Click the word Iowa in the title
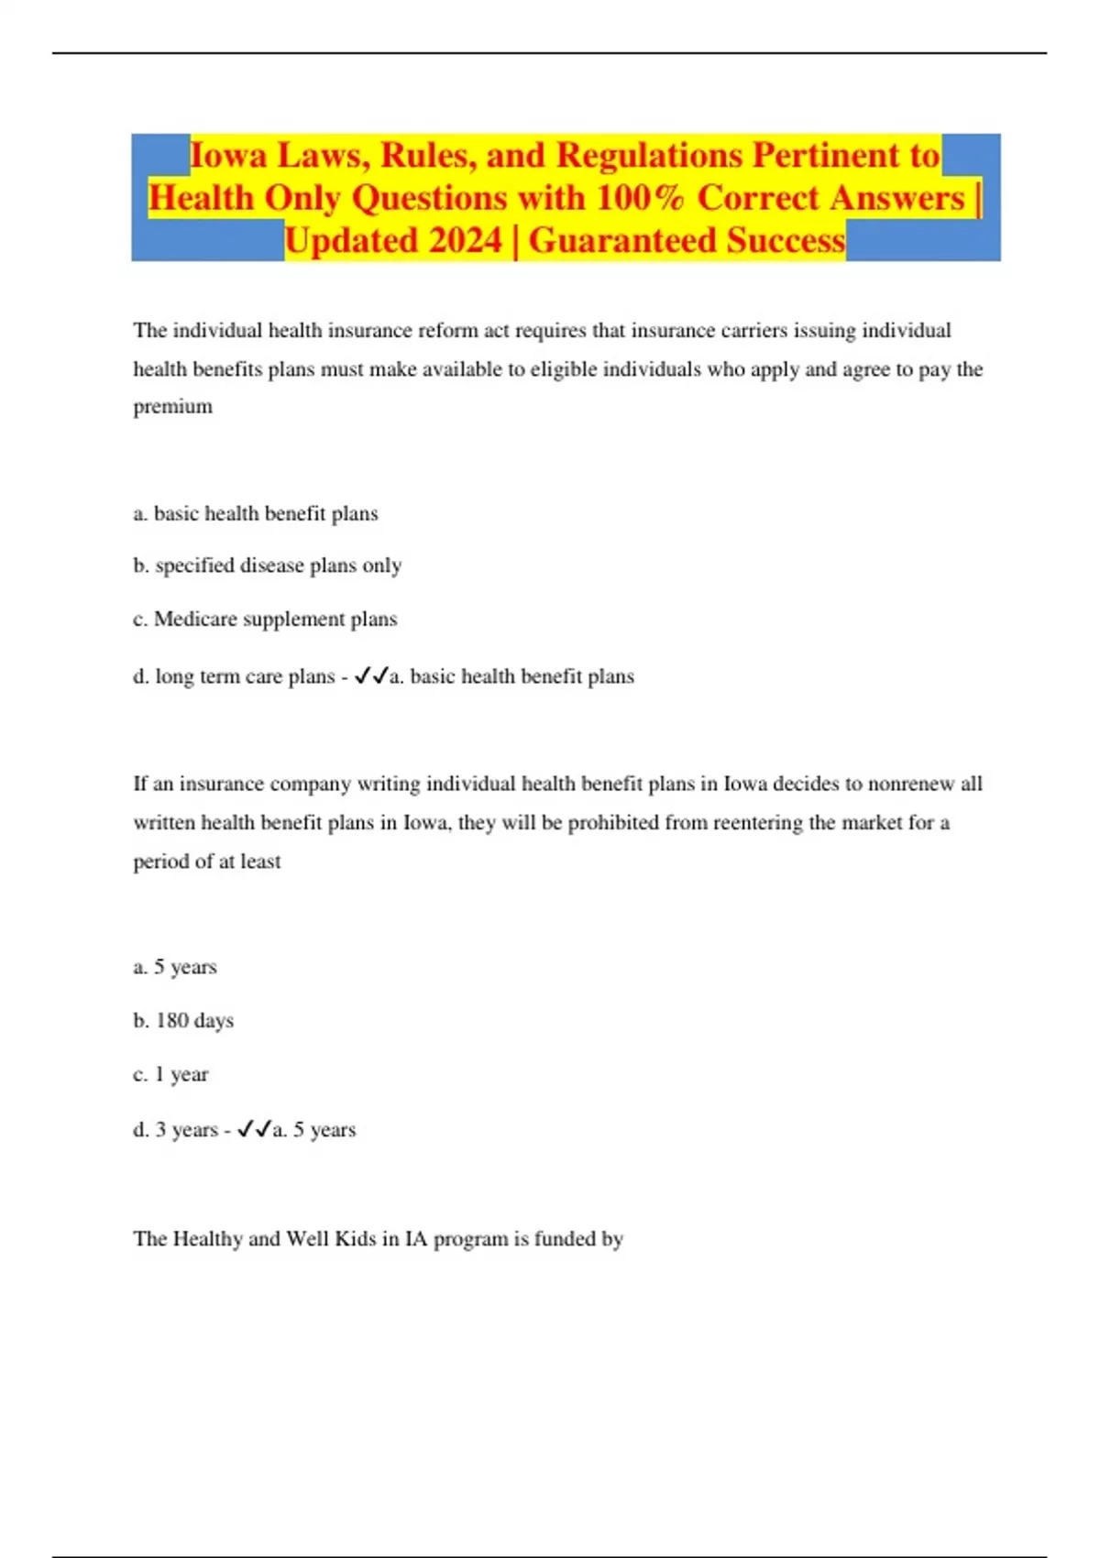228,155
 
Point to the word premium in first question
172,406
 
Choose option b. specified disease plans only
267,565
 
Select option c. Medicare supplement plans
265,619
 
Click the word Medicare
195,619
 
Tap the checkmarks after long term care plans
370,676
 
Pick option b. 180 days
183,1020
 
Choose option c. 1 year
170,1074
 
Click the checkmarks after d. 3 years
254,1130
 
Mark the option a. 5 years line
175,967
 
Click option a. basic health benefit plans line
256,513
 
